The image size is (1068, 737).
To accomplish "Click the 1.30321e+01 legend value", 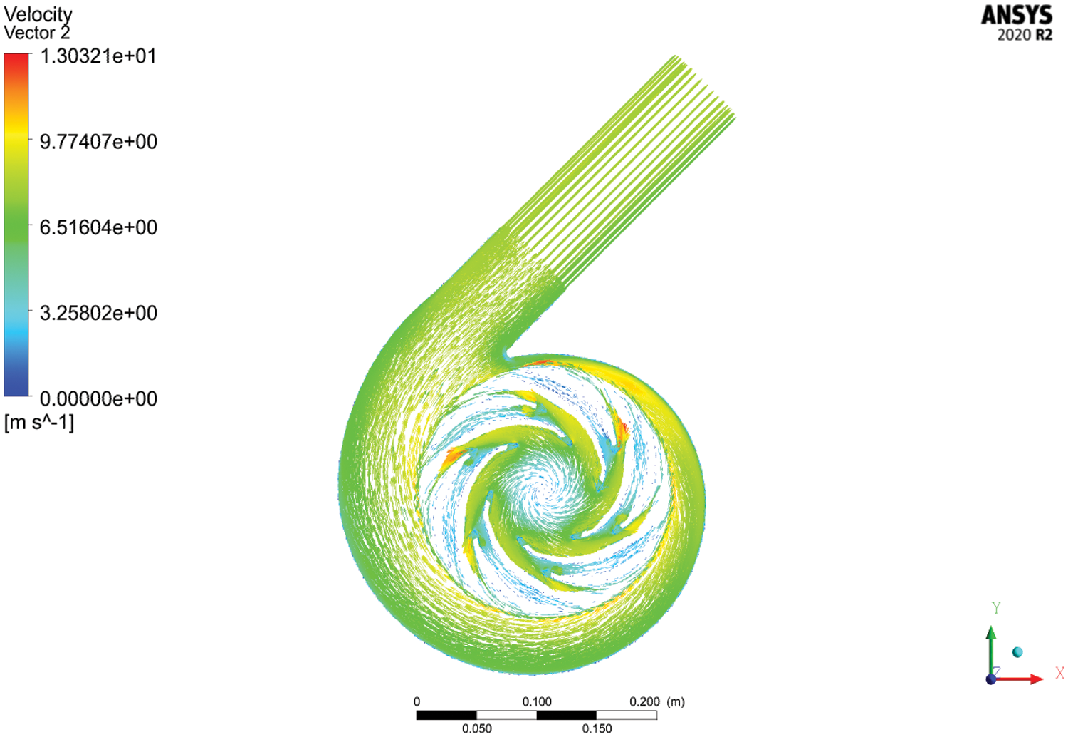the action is [x=98, y=56].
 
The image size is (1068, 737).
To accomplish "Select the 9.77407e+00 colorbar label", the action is [x=98, y=142].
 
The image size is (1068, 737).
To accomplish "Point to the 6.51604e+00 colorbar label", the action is [x=98, y=227].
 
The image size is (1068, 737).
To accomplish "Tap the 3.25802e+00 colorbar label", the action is [x=98, y=313].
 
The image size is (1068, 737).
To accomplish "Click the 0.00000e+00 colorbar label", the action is [x=98, y=398].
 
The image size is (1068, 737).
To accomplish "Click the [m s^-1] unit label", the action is [x=39, y=423].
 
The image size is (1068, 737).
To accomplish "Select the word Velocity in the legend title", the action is [x=38, y=15].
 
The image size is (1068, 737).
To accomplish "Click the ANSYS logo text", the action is [x=1017, y=15].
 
